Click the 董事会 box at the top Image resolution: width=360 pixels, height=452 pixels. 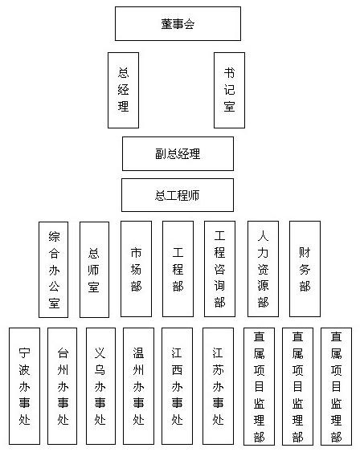[x=178, y=23]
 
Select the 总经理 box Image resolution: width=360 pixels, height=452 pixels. [x=123, y=90]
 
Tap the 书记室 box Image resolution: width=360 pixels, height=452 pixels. [x=229, y=90]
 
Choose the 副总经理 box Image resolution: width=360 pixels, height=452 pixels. [x=178, y=153]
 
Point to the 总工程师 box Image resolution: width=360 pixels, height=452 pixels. [x=178, y=195]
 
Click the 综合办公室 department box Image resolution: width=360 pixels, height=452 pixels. [x=53, y=270]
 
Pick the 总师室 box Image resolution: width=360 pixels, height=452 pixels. [x=94, y=270]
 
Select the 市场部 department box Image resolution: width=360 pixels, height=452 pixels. [x=136, y=269]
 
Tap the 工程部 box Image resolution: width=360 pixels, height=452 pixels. [x=178, y=269]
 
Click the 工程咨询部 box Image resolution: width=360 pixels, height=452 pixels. [x=220, y=269]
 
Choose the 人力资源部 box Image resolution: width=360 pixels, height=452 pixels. [x=263, y=269]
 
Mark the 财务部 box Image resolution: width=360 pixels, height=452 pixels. [x=305, y=269]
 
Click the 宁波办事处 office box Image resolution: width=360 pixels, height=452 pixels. [x=25, y=386]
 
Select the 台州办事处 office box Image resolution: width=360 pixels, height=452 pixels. [x=63, y=386]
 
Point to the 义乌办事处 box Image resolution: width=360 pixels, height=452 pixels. [x=100, y=386]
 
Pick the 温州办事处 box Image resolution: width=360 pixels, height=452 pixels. [x=138, y=386]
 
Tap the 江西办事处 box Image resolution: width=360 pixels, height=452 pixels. [x=177, y=386]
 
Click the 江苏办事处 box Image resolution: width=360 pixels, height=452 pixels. [x=218, y=386]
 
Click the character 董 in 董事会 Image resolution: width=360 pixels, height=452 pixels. [x=166, y=23]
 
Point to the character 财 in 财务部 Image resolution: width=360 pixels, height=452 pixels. [x=305, y=252]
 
